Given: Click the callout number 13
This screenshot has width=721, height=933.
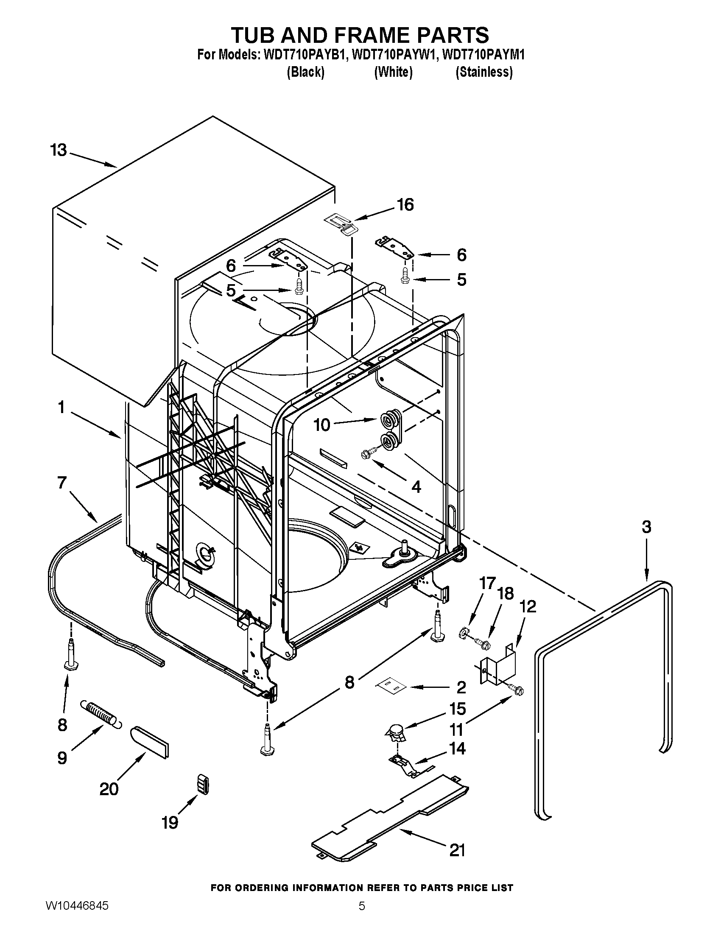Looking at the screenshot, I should click(59, 151).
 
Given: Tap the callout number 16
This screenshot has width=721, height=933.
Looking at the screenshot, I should click(405, 205).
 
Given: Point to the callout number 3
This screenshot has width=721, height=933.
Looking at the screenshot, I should click(646, 527).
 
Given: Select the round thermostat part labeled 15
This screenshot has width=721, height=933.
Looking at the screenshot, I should click(396, 733).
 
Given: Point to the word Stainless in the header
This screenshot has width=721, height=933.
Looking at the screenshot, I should click(484, 72).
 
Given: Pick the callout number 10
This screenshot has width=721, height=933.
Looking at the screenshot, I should click(322, 425).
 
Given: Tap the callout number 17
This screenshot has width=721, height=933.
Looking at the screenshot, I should click(487, 583).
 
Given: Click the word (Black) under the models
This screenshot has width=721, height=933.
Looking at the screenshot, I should click(305, 72).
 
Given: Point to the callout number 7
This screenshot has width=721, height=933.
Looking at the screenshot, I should click(61, 483).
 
